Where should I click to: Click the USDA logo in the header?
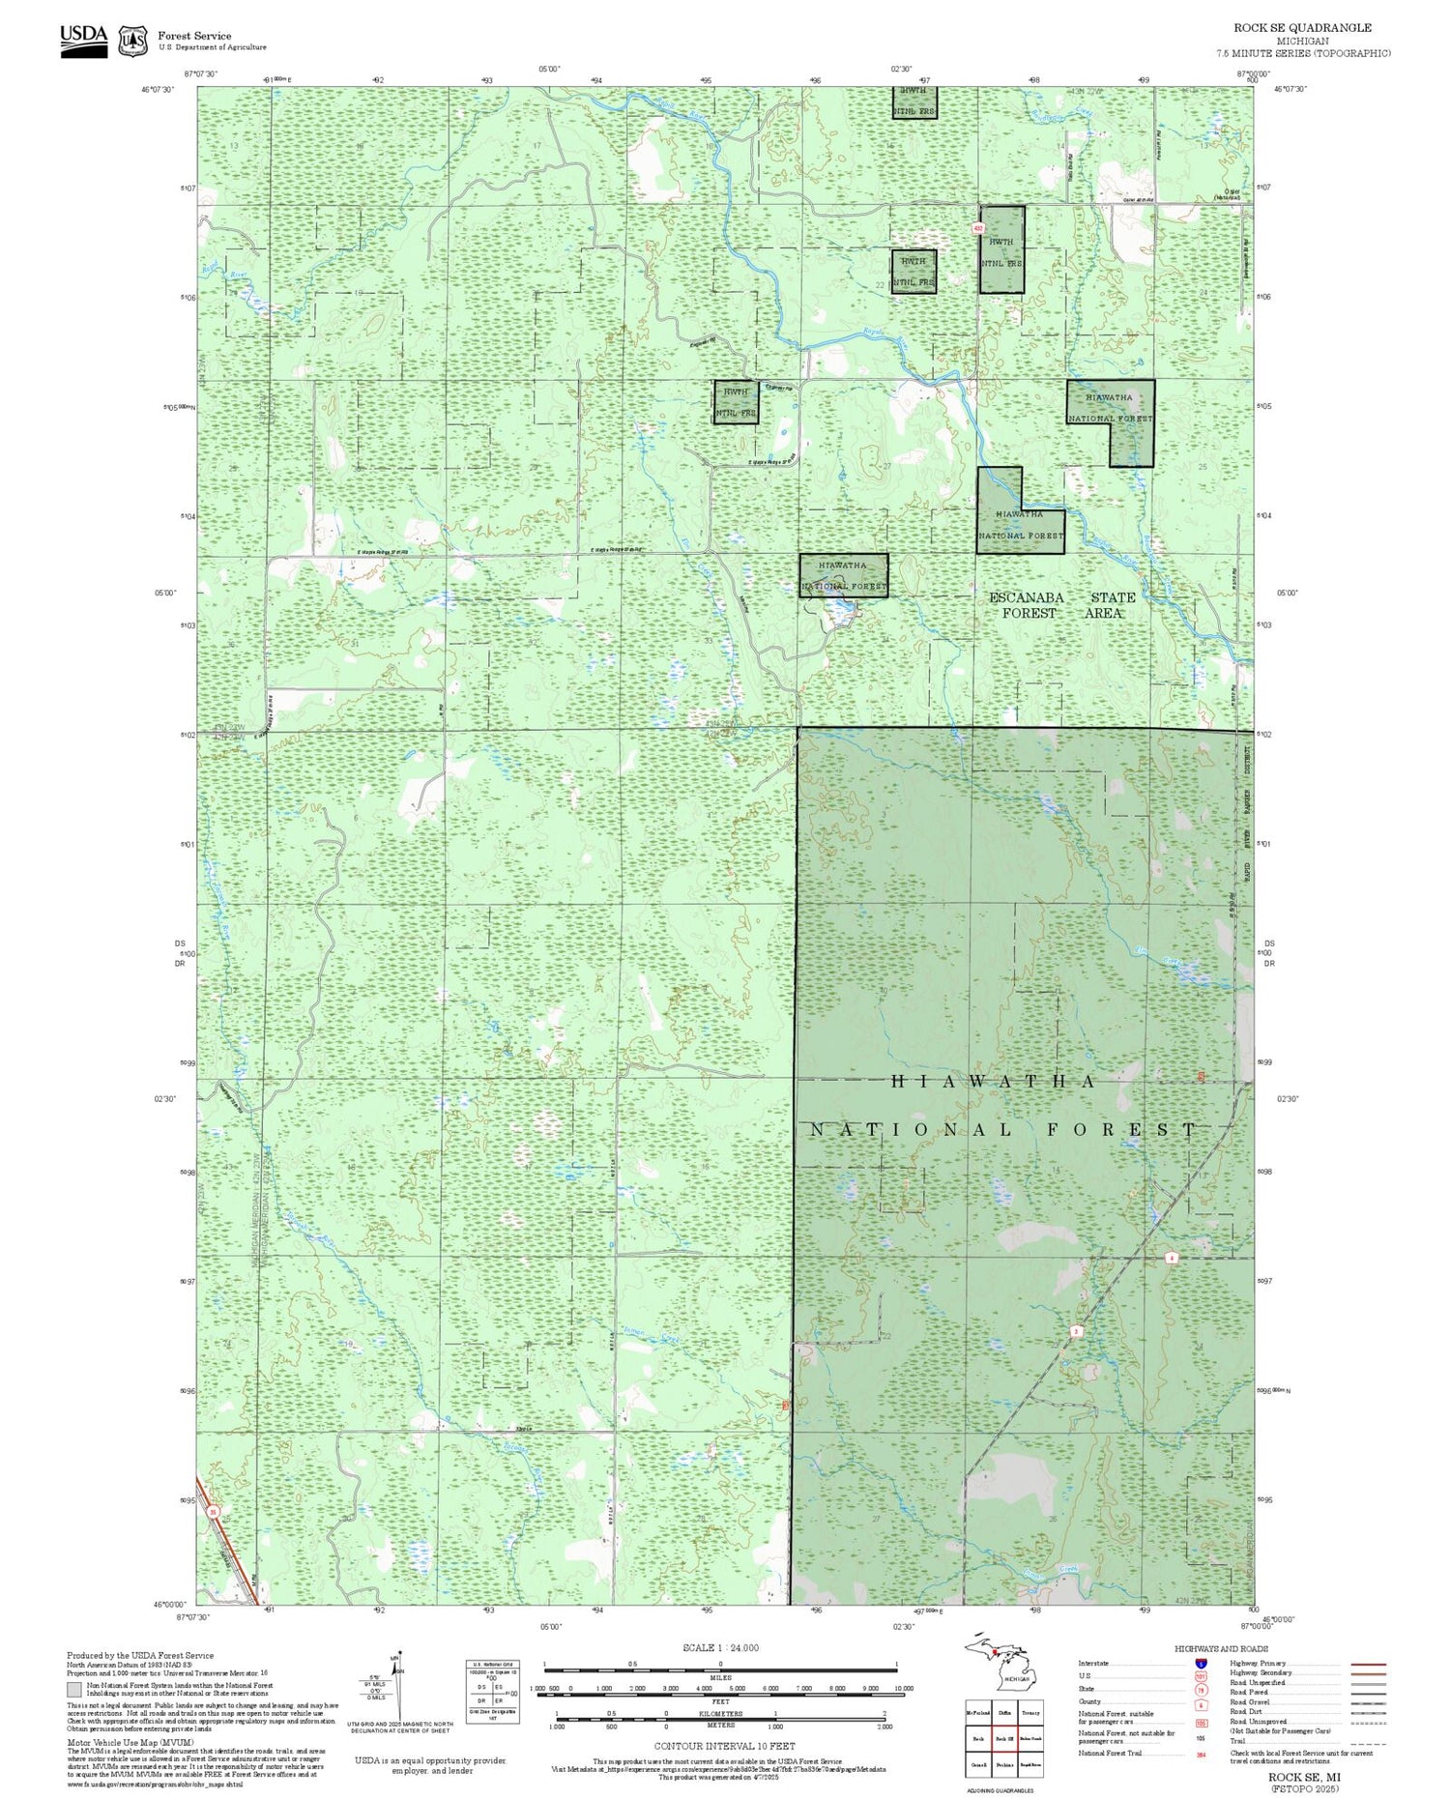pos(83,40)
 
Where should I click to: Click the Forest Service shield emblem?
pos(132,41)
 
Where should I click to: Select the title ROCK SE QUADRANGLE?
pos(1302,28)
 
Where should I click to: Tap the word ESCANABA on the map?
pos(1026,598)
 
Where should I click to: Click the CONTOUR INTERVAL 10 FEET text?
pos(724,1746)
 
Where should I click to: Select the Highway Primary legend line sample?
pos(1362,1664)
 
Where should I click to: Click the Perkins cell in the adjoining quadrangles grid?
pos(1004,1764)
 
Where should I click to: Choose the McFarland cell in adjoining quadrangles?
pos(978,1713)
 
